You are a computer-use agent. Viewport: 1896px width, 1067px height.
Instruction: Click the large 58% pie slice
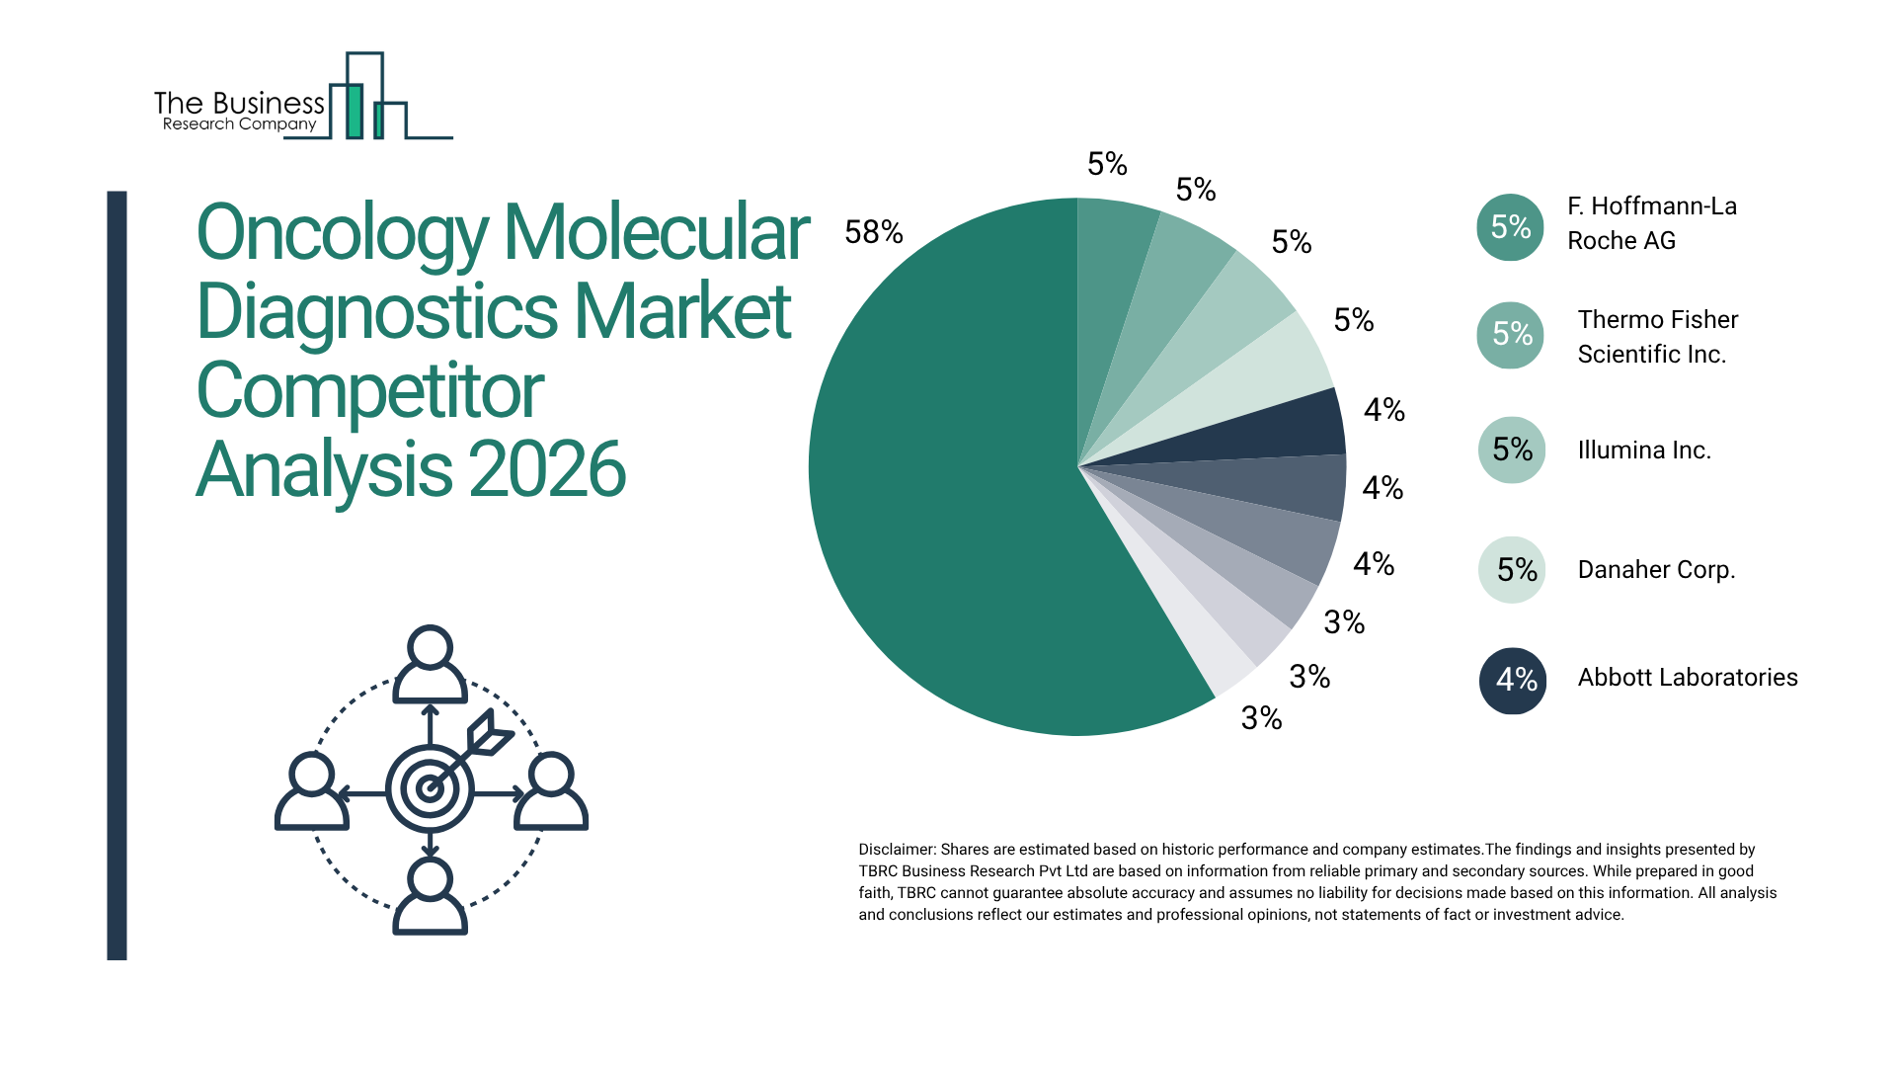948,494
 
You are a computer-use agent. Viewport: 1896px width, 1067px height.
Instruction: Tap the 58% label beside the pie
874,232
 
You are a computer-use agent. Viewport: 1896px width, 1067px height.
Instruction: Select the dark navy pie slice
1303,425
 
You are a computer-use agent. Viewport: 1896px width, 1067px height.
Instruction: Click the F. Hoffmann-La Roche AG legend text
1651,223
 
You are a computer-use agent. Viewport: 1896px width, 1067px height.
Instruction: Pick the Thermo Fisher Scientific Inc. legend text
1657,337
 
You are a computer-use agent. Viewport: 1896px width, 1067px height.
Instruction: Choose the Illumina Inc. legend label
1643,451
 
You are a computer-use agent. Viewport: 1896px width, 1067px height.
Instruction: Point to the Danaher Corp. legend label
1656,570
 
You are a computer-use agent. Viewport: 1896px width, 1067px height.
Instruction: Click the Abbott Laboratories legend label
1687,678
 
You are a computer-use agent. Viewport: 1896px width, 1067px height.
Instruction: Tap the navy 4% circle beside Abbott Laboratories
1512,681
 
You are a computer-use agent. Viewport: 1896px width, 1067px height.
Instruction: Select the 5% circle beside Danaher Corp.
1512,570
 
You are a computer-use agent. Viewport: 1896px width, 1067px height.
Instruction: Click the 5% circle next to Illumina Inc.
1512,451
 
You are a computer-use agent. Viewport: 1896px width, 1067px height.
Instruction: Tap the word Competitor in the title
369,391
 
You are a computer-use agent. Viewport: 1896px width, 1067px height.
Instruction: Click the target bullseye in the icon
430,789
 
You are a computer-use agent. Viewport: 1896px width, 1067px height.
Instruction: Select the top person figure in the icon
430,664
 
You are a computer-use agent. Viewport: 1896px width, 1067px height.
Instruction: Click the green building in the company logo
355,111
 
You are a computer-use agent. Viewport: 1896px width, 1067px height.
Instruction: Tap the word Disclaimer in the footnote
896,850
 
